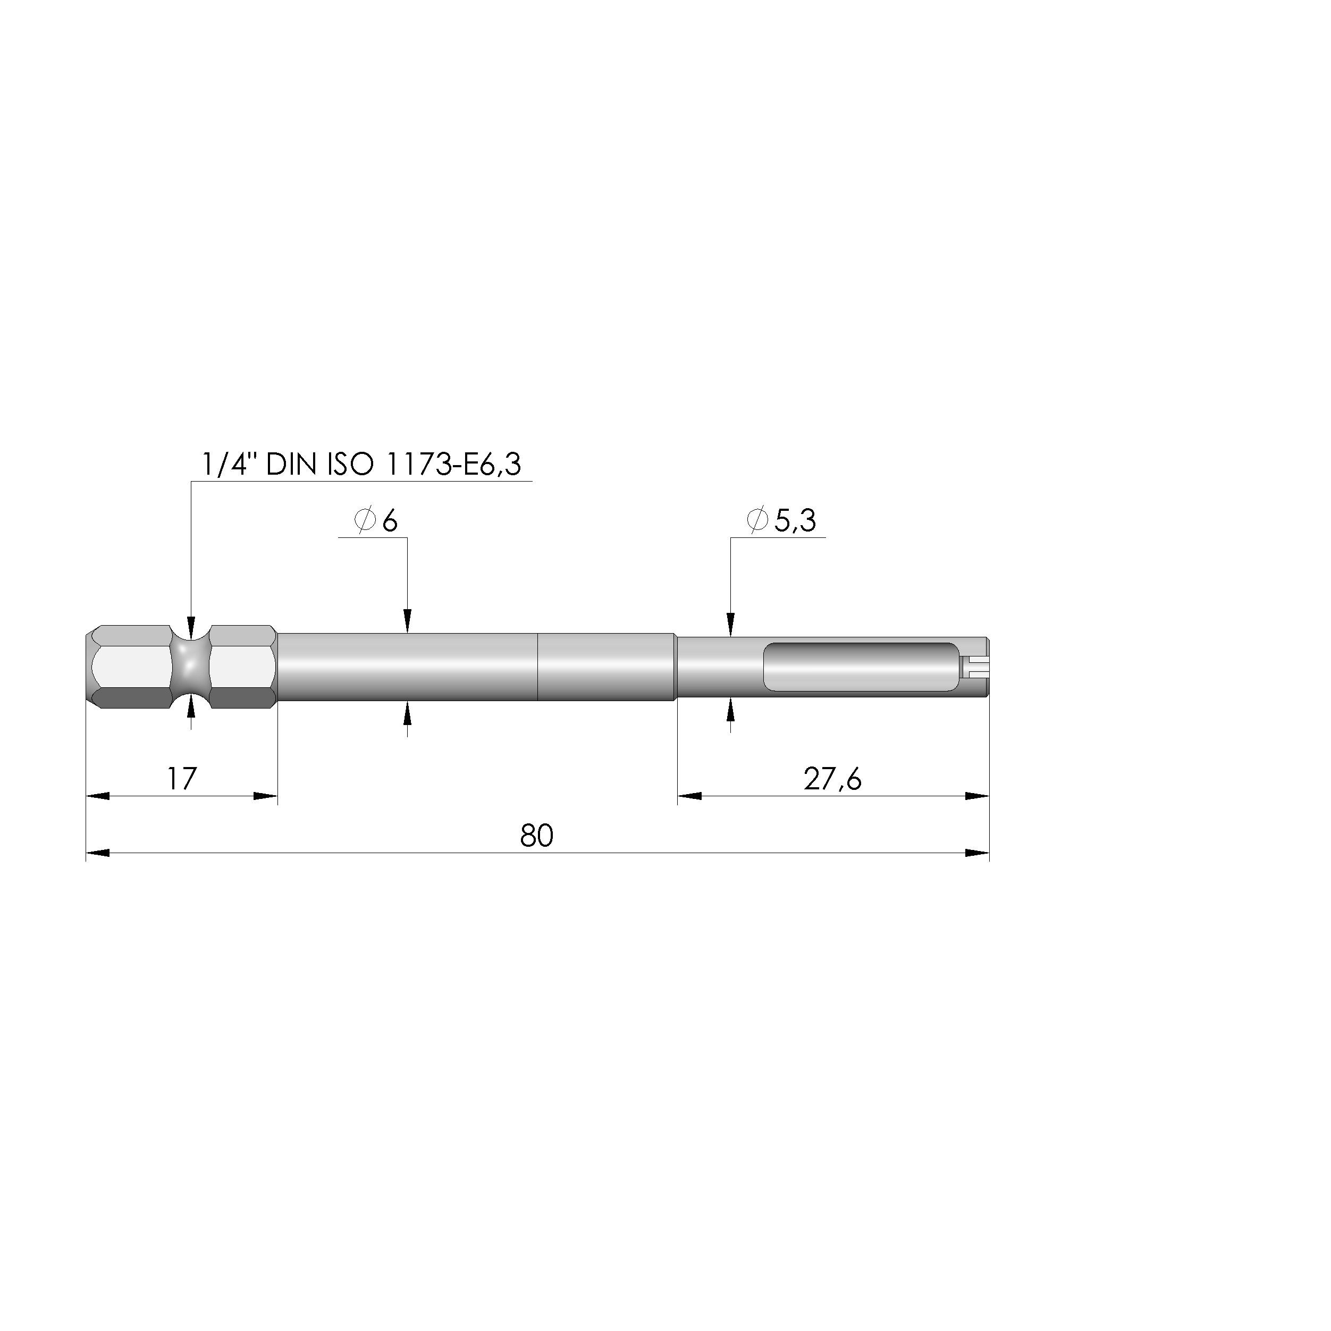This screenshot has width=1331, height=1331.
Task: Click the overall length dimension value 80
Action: click(537, 836)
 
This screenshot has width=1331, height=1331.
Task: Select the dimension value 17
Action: click(182, 779)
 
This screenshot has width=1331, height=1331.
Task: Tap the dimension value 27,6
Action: click(832, 779)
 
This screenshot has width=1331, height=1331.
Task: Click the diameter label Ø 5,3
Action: click(781, 521)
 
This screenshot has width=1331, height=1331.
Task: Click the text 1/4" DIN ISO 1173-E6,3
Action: click(361, 465)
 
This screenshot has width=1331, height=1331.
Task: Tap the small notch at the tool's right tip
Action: click(974, 665)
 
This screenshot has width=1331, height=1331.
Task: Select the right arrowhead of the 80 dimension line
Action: click(977, 853)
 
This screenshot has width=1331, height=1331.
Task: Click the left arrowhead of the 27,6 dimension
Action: click(689, 796)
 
